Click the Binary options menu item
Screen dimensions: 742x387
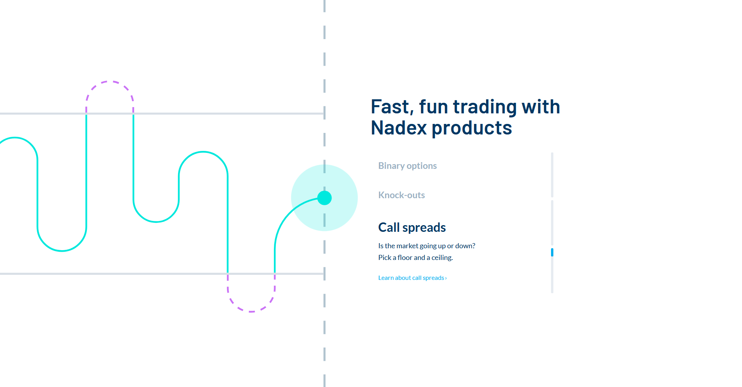point(407,166)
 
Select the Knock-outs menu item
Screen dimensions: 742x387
point(402,195)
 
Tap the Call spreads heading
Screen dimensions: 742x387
point(412,228)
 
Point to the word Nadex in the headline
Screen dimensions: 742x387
point(399,128)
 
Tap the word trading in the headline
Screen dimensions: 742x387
point(485,107)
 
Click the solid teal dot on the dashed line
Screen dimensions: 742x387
point(324,198)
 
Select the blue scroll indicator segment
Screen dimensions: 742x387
point(552,252)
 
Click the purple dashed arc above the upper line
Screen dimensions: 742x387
point(110,82)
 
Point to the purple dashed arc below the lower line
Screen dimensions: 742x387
point(251,311)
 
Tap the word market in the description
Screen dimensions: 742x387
point(407,246)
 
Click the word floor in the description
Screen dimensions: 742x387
point(405,258)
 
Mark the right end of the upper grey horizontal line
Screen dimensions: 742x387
point(324,114)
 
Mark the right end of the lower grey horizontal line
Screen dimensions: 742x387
point(324,274)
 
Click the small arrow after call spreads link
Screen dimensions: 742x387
point(446,278)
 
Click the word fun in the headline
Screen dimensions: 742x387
point(434,107)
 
